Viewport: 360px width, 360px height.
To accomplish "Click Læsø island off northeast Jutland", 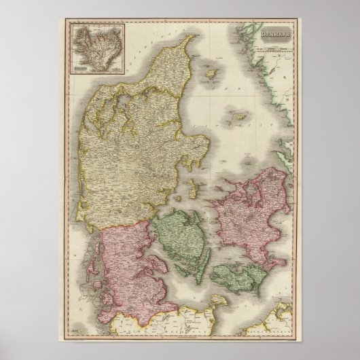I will [212, 72].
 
